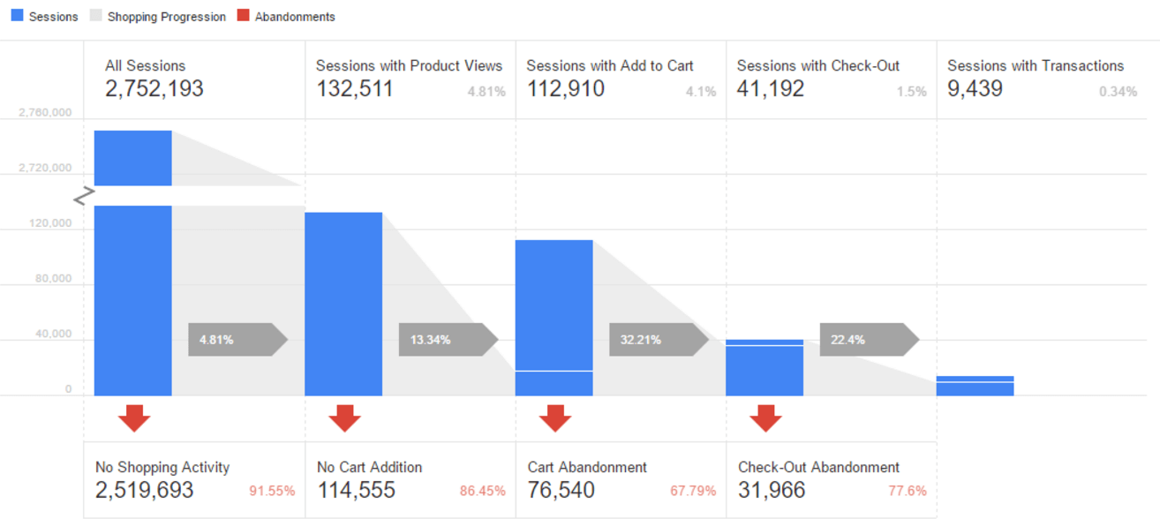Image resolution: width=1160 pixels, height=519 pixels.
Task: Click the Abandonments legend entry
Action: tap(286, 17)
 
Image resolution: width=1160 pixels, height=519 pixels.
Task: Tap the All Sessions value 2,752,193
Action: tap(154, 89)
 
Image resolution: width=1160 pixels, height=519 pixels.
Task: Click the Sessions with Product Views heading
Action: tap(409, 66)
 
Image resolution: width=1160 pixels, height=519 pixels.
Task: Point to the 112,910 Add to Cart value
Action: tap(565, 89)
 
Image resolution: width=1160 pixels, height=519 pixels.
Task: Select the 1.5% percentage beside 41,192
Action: tap(912, 92)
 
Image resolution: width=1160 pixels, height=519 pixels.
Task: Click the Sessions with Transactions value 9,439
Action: tap(975, 89)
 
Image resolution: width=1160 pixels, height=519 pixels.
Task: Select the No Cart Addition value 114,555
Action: tap(356, 491)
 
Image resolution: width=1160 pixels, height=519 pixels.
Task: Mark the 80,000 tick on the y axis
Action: tap(51, 279)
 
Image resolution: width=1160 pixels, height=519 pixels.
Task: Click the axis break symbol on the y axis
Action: tap(84, 196)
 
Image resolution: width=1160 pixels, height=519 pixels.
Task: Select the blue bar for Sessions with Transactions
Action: tap(975, 386)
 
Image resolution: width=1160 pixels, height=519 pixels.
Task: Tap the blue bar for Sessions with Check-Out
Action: tap(765, 368)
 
